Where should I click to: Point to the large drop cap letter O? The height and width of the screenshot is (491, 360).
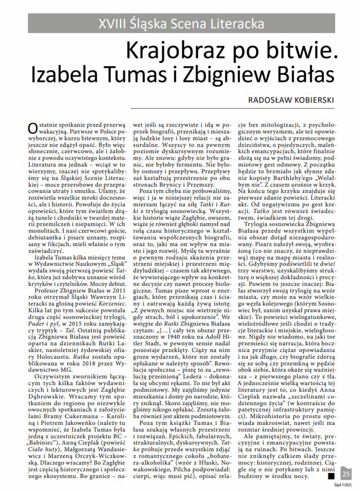(32, 128)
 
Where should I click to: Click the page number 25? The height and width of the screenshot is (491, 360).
(346, 474)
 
